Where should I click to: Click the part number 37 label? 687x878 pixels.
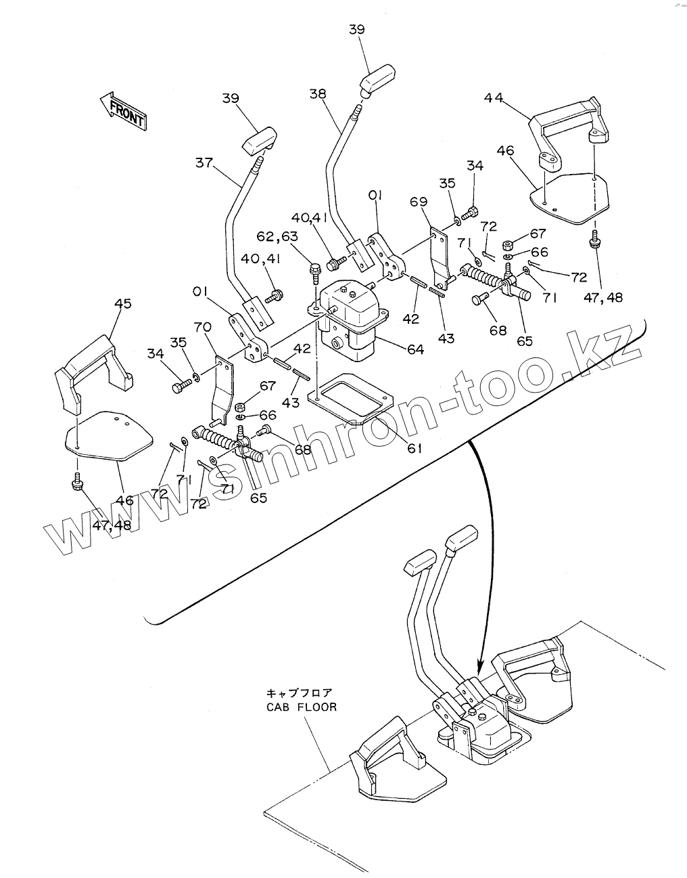coord(204,163)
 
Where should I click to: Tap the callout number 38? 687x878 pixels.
coord(318,93)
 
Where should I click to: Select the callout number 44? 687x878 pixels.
coord(494,97)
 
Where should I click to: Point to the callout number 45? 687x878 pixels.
coord(123,303)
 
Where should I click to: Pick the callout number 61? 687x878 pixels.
coord(414,448)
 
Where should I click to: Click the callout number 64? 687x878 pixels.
coord(414,349)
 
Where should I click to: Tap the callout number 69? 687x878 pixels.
coord(419,201)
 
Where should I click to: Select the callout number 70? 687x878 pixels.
coord(202,327)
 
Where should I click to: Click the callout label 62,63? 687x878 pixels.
coord(277,236)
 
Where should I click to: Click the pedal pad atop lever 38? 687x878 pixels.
coord(377,79)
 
